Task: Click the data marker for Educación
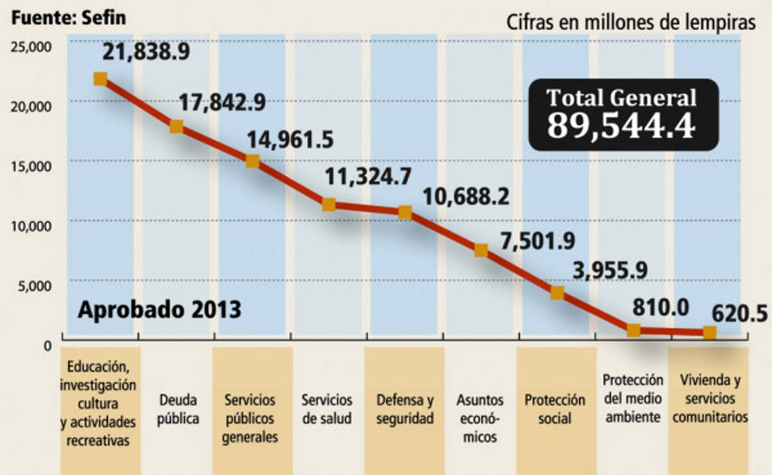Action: pos(100,79)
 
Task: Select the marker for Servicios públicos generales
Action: pos(252,161)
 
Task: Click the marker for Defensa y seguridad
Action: pos(405,212)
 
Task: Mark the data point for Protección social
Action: pos(557,293)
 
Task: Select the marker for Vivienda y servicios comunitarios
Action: pos(710,333)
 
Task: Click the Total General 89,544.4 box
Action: pos(622,115)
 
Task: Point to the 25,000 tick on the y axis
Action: pos(30,46)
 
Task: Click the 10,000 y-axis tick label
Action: pos(30,226)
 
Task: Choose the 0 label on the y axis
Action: pos(47,346)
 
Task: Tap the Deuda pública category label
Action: pos(178,409)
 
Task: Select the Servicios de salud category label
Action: pos(327,409)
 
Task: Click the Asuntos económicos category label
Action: pos(480,418)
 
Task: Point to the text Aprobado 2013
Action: pos(160,310)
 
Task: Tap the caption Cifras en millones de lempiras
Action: pos(630,23)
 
